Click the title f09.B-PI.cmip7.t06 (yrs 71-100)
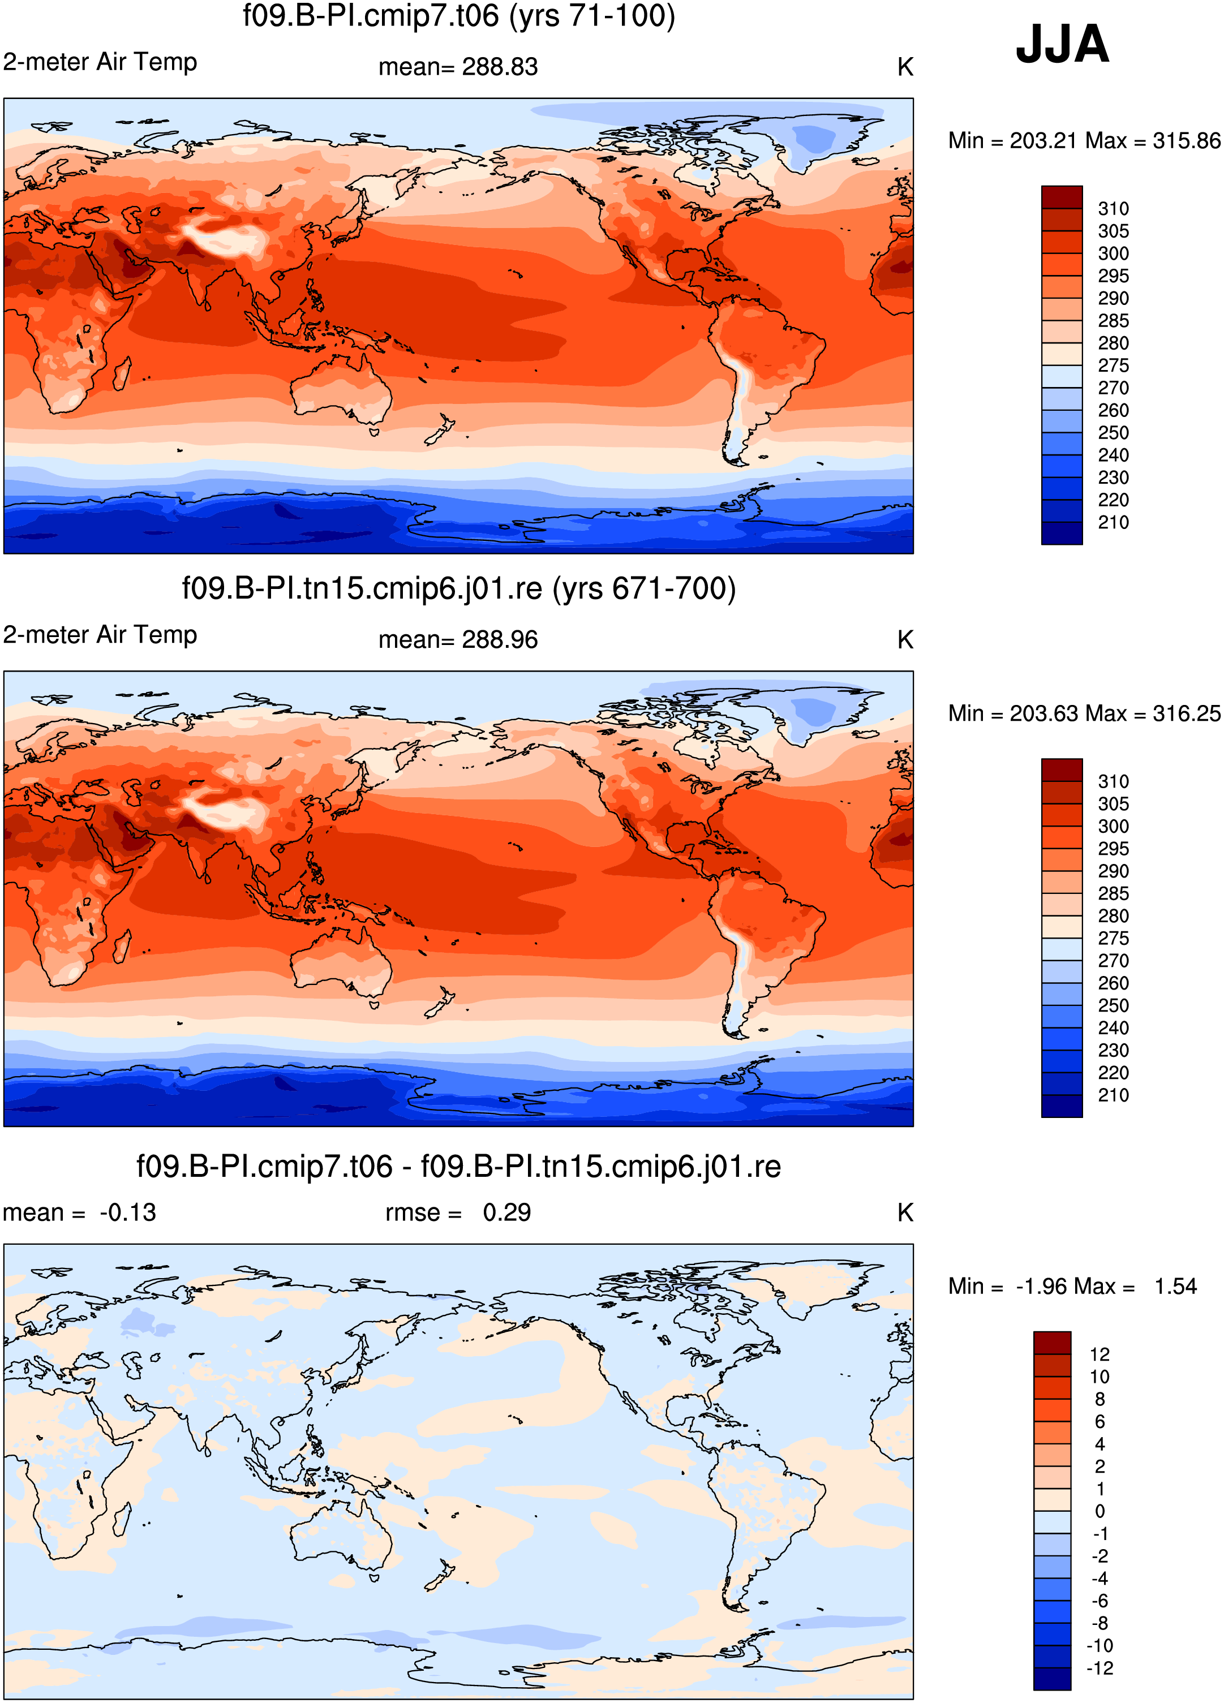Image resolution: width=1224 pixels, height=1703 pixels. (x=459, y=16)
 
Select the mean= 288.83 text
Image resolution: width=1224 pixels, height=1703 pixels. (x=458, y=67)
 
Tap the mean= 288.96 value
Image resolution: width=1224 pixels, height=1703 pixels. (x=458, y=640)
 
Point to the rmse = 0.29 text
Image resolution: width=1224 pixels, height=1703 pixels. (x=458, y=1212)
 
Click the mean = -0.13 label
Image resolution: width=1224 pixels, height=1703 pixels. (x=80, y=1212)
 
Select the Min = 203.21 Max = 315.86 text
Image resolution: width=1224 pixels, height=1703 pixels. (x=1084, y=140)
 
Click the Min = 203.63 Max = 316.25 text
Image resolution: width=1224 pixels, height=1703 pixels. (x=1084, y=713)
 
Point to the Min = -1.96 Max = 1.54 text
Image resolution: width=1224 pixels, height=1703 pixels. (x=1072, y=1286)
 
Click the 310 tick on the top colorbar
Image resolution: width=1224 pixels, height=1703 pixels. (x=1113, y=209)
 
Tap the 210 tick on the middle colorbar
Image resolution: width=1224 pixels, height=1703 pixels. (x=1113, y=1095)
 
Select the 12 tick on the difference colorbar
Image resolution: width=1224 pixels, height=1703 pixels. (x=1100, y=1354)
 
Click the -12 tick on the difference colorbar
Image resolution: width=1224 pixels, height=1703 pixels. (x=1100, y=1668)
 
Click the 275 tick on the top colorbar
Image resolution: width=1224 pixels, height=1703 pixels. (x=1113, y=365)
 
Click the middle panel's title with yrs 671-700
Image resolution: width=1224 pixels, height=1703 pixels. (x=459, y=588)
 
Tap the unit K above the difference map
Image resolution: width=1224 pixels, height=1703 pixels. (x=905, y=1212)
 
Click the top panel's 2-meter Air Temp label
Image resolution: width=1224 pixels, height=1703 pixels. (x=100, y=62)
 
